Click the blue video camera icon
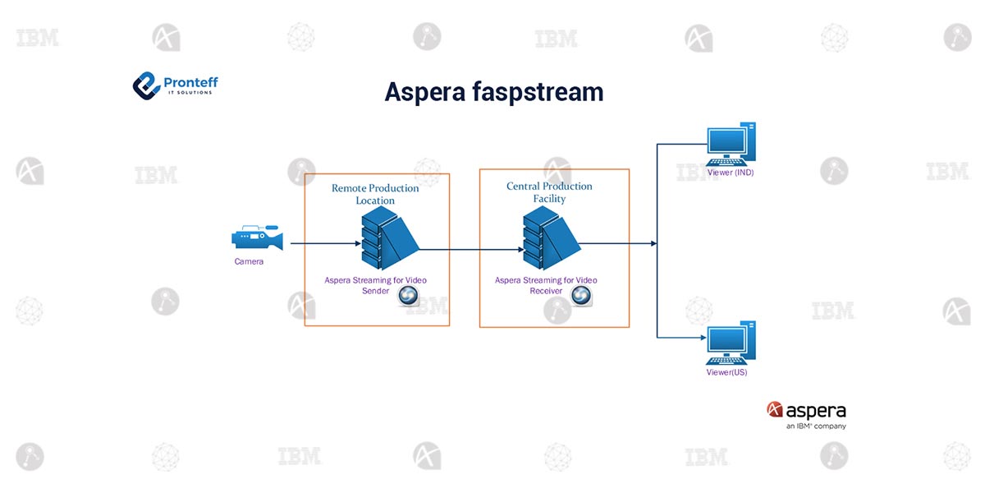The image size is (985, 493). [257, 239]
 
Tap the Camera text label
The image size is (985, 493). [249, 262]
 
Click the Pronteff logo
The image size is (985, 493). [175, 84]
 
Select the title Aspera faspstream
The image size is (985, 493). [493, 91]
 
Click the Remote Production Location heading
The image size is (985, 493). [375, 194]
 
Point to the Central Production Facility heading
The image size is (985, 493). [549, 192]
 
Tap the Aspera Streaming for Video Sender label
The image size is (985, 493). [375, 285]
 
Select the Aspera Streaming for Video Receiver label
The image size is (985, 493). [546, 285]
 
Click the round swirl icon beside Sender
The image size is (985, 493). [409, 297]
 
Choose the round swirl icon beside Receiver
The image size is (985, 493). [581, 296]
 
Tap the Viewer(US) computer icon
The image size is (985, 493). [731, 343]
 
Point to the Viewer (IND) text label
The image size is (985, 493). [730, 173]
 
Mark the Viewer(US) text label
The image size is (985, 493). [726, 372]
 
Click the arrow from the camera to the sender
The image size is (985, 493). [326, 243]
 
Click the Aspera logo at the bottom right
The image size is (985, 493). [805, 410]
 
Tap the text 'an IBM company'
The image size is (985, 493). [815, 426]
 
